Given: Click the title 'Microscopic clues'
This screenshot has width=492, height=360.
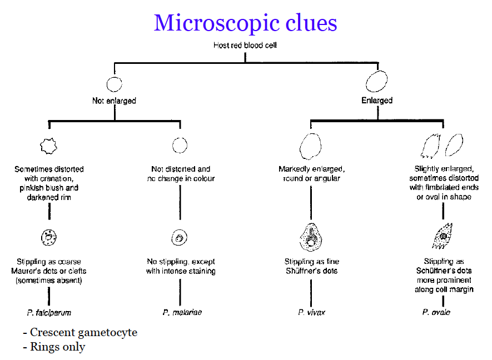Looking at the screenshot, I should (245, 23).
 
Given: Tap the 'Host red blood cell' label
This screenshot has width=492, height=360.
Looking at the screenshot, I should (245, 46).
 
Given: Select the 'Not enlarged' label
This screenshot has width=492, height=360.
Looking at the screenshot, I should (114, 101).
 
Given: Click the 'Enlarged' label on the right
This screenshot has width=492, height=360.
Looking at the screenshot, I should (376, 101).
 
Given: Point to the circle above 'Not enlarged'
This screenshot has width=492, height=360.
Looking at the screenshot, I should (114, 84).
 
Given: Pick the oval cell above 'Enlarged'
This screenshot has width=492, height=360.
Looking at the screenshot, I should (376, 81).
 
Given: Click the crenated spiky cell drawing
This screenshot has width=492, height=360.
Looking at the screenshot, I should (49, 146).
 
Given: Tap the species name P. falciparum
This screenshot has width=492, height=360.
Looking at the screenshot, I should (49, 312).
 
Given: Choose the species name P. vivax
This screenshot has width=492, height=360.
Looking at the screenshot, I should (311, 312).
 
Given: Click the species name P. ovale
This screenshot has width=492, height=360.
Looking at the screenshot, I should (436, 312).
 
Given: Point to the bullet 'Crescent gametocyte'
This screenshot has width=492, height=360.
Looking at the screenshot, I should (80, 333).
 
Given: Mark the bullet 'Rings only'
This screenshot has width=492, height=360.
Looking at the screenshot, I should (54, 347).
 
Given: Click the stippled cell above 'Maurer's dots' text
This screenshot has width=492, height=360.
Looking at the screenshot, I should (49, 238).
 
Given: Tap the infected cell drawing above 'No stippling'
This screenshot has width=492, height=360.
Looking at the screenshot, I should (179, 238).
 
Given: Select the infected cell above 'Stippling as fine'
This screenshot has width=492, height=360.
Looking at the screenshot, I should (311, 236).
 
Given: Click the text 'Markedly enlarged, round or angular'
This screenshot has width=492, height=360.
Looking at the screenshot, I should (310, 173).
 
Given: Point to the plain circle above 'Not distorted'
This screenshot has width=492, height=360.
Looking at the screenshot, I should (180, 145).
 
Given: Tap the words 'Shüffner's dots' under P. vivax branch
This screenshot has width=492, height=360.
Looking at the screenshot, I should (311, 271).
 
